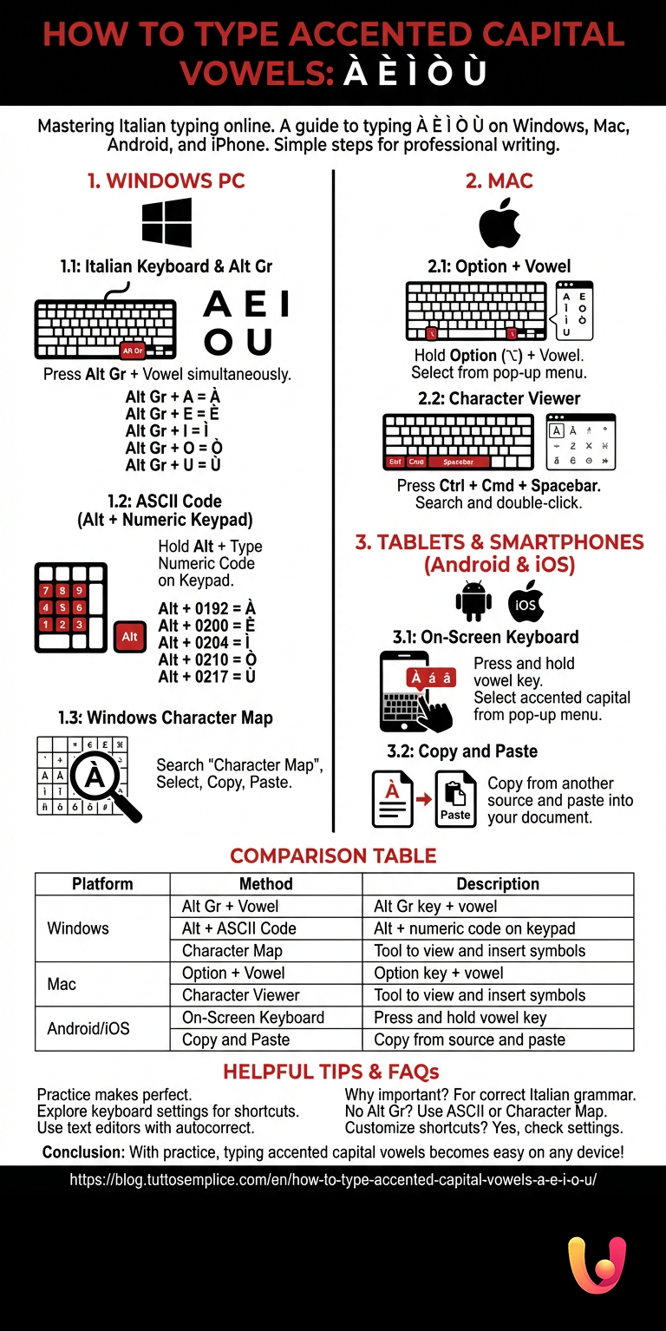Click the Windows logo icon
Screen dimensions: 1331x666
[x=166, y=223]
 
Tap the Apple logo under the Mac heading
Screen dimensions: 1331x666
[x=499, y=223]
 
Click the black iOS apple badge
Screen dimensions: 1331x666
[x=526, y=601]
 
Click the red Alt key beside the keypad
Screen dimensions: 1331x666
[x=129, y=636]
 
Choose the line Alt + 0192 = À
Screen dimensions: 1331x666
[x=206, y=608]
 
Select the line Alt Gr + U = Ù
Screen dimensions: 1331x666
[x=173, y=464]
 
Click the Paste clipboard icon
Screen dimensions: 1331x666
[x=455, y=799]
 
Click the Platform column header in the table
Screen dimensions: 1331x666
[x=102, y=884]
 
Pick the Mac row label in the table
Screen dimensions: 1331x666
[x=62, y=984]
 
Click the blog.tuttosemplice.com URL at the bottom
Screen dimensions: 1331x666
[x=333, y=1181]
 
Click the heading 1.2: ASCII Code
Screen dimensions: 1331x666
[x=164, y=502]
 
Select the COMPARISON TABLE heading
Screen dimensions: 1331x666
[x=333, y=856]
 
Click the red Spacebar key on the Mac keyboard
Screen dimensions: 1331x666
[x=458, y=462]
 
